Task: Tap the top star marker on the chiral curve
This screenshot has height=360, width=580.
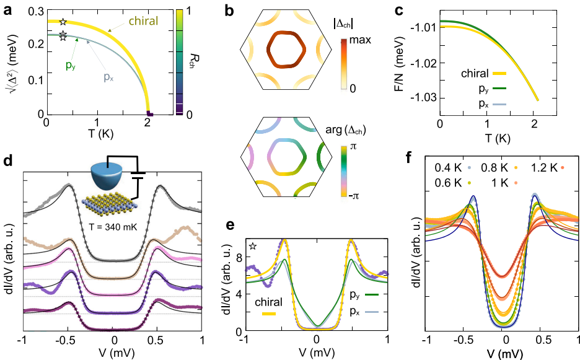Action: click(x=62, y=22)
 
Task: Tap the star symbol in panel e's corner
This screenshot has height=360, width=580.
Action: click(x=253, y=247)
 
